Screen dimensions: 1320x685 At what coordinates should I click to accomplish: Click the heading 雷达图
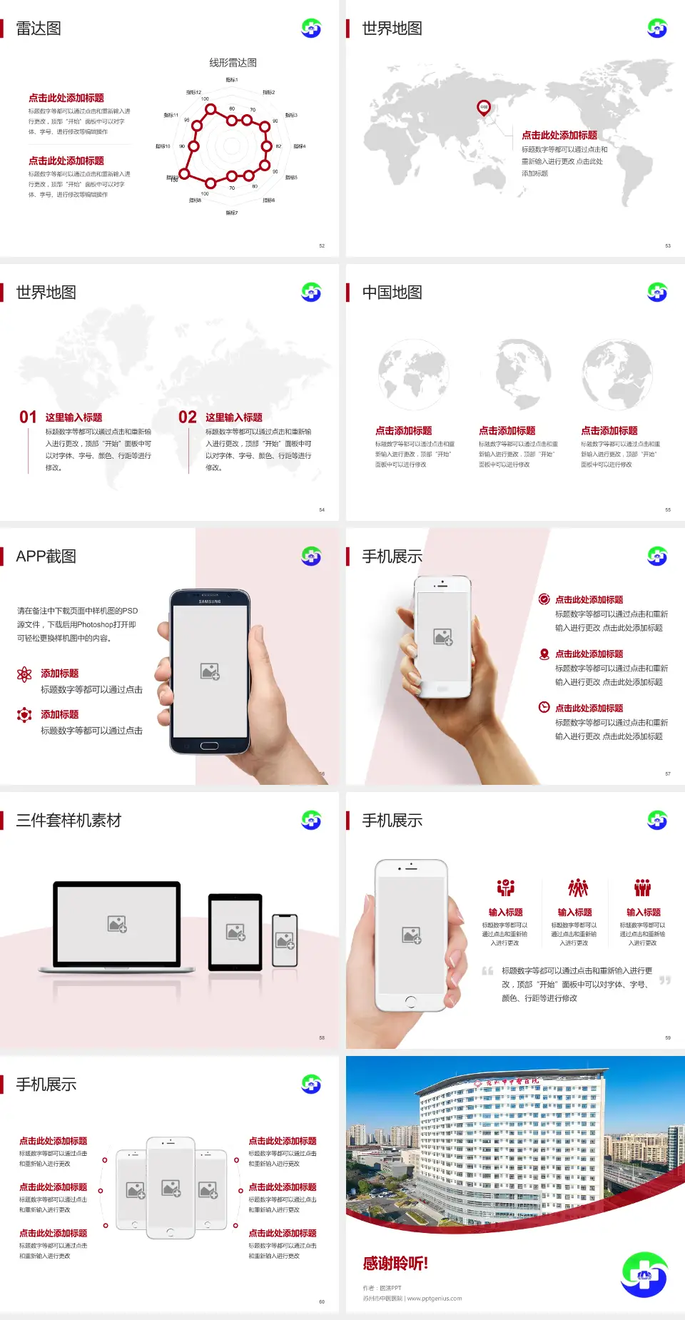pos(39,29)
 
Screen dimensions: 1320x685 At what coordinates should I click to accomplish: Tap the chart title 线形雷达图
pos(233,63)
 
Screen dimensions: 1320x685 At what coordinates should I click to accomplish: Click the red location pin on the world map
pos(484,108)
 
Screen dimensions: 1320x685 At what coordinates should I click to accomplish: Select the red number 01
pos(28,417)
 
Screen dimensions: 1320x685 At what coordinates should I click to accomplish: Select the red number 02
pos(188,417)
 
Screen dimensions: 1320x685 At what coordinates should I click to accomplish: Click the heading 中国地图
pos(392,293)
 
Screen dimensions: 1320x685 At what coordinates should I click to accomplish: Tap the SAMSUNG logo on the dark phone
pos(210,601)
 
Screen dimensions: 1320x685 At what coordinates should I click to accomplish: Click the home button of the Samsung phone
pos(209,746)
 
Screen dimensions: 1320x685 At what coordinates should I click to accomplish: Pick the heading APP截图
pos(46,557)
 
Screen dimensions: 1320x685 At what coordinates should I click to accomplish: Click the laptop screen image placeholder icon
pos(117,924)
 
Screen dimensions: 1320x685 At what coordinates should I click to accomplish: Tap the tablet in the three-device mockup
pos(235,931)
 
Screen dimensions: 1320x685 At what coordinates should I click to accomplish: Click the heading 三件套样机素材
pos(68,821)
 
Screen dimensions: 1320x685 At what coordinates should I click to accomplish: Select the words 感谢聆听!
pos(395,1264)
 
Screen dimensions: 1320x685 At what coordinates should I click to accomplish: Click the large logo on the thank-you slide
pos(644,1274)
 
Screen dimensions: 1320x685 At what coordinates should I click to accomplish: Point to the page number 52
pos(322,245)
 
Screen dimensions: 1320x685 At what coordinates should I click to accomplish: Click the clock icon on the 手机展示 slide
pos(544,707)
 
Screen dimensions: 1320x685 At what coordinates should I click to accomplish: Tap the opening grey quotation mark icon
pos(487,970)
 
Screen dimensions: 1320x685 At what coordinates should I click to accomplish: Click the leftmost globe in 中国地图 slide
pos(414,375)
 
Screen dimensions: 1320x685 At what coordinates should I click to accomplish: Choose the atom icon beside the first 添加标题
pos(24,674)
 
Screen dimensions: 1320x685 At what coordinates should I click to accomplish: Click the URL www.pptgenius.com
pos(435,1299)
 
